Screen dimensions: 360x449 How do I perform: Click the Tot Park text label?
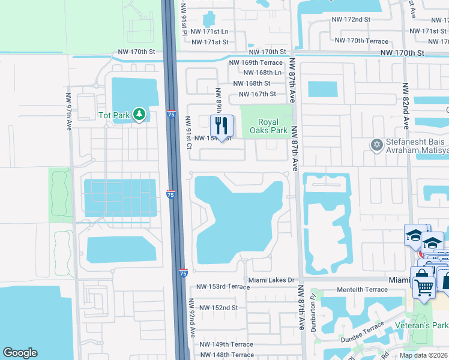click(115, 114)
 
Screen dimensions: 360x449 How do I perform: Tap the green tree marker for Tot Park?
click(139, 114)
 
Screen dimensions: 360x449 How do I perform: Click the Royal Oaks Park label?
click(268, 126)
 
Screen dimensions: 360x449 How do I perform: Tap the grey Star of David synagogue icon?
click(377, 145)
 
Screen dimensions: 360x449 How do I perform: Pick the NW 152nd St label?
click(217, 308)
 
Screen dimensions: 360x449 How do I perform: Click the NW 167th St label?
click(257, 94)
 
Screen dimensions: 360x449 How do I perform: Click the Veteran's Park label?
click(422, 325)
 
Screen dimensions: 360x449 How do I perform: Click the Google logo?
click(20, 353)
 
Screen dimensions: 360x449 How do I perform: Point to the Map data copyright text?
click(423, 355)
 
